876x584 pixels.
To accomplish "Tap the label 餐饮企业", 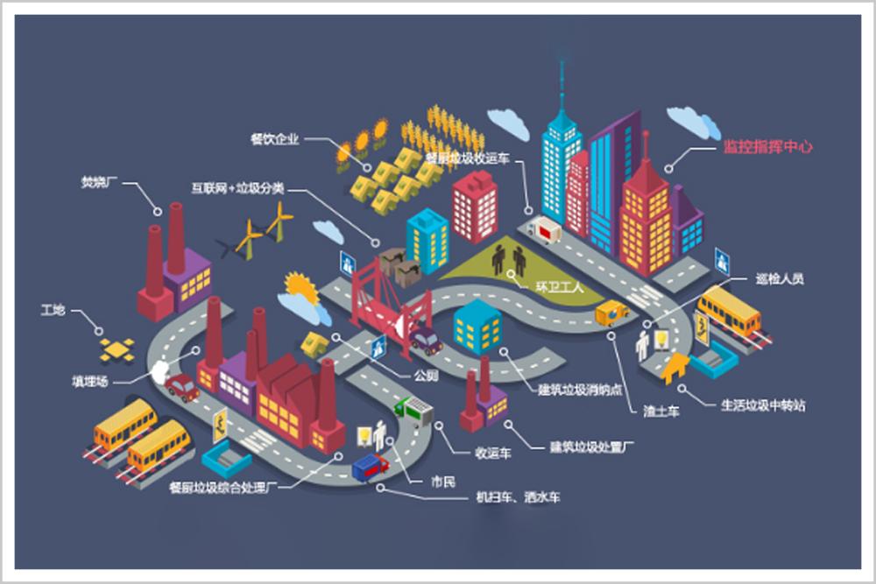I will [x=274, y=138].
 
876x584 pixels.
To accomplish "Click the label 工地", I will [x=53, y=310].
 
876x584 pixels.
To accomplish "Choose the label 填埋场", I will [x=89, y=381].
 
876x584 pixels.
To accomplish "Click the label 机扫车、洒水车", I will [x=518, y=497].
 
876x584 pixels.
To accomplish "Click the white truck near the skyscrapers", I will [x=544, y=231].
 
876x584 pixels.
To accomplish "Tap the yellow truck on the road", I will [x=611, y=312].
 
